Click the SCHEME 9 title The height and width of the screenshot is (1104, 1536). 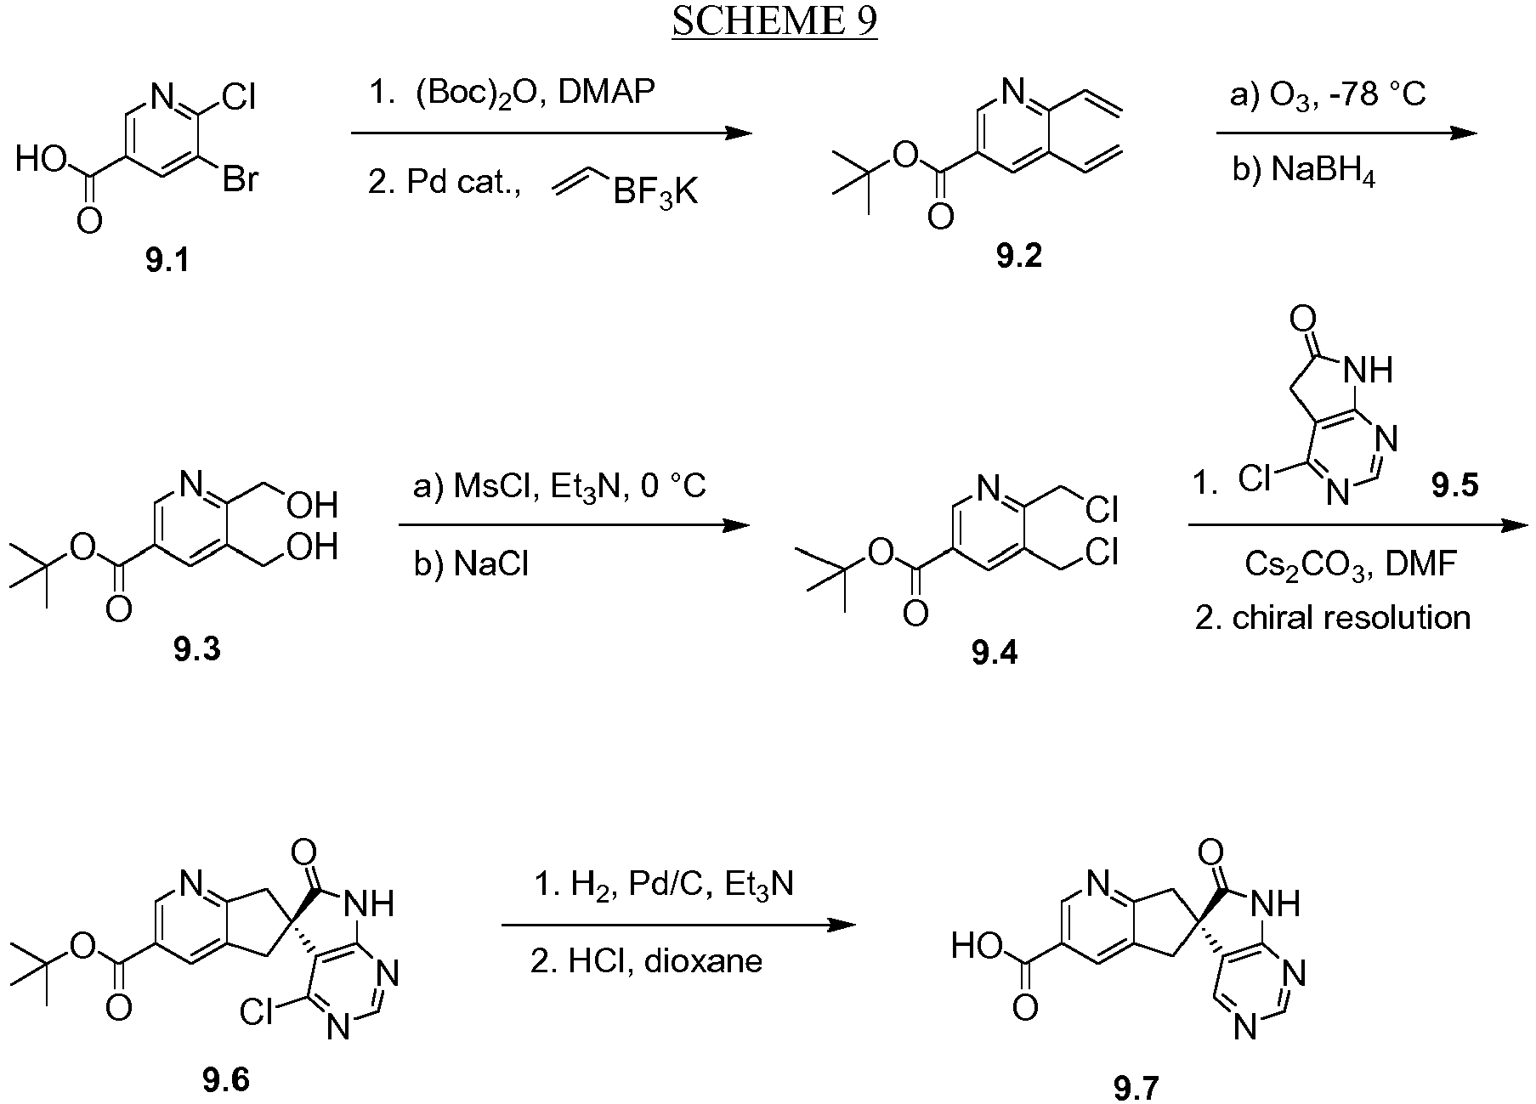tap(774, 23)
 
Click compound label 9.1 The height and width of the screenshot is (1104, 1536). tap(167, 261)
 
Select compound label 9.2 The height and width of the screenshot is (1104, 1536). tap(1019, 254)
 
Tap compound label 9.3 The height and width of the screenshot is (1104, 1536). tap(196, 649)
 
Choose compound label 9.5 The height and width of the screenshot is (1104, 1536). tap(1454, 485)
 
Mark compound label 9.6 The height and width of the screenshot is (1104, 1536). tap(227, 1079)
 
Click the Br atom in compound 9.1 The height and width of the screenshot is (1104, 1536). tap(240, 180)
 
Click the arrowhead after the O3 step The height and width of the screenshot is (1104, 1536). tap(1464, 133)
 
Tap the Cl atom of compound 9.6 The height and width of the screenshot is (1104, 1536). tap(258, 1012)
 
